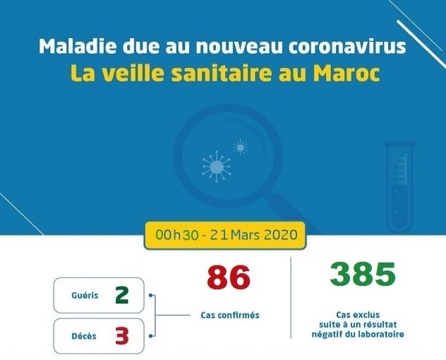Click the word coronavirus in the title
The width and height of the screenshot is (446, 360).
(347, 47)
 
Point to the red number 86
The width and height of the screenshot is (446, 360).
(229, 277)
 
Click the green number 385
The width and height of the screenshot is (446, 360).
(363, 274)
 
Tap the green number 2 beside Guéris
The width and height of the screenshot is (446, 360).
(122, 295)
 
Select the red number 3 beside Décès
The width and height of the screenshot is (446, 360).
(122, 335)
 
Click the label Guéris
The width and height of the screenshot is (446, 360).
(85, 295)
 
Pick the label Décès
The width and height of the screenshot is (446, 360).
(84, 336)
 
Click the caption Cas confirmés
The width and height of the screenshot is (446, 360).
(230, 316)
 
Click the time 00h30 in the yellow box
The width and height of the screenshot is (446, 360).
(177, 235)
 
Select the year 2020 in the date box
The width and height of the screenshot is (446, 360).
(281, 235)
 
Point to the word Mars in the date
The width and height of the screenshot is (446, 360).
(245, 235)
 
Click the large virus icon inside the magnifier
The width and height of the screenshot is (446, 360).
(217, 167)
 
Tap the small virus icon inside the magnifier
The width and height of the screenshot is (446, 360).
(241, 148)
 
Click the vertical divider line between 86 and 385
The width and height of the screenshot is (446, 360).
(291, 298)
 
